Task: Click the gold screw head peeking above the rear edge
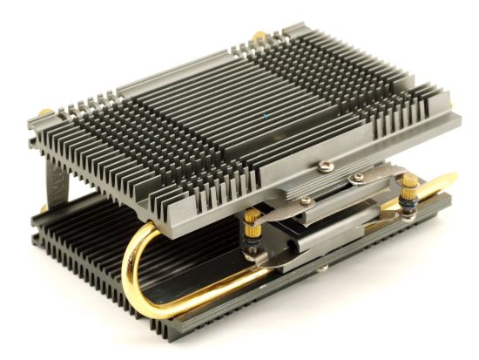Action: tap(259, 37)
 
